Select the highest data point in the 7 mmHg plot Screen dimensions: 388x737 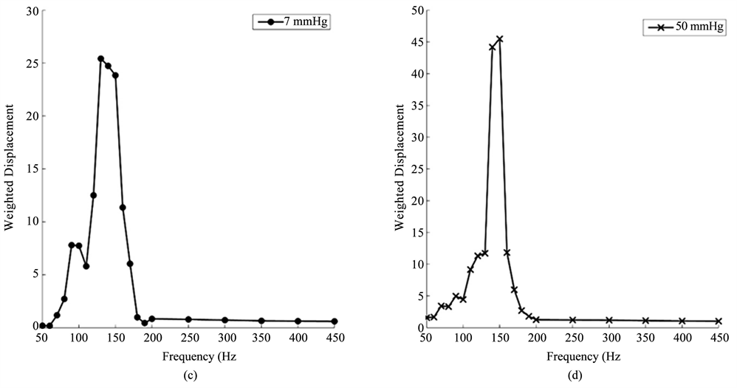click(x=100, y=58)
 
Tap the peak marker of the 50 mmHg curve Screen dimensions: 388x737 click(x=499, y=39)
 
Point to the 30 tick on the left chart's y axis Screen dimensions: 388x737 click(x=31, y=12)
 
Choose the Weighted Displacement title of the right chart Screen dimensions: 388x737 click(x=400, y=169)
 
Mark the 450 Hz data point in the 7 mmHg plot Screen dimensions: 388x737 click(x=335, y=321)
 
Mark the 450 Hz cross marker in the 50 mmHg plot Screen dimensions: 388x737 click(x=718, y=321)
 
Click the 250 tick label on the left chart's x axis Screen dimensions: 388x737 click(x=188, y=338)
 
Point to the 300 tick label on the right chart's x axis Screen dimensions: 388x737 click(x=609, y=338)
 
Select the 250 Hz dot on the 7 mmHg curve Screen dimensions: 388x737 click(x=188, y=319)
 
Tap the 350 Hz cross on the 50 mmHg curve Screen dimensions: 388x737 click(x=645, y=321)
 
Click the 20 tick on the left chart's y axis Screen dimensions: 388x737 click(x=31, y=117)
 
